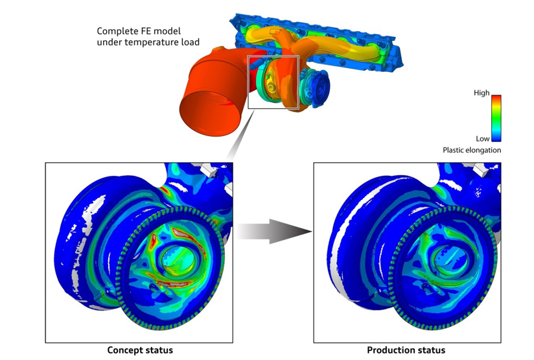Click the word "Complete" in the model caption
click(117, 31)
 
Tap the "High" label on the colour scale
click(482, 93)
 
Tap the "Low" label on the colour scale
click(483, 139)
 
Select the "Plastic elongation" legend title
click(472, 150)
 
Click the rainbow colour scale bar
click(496, 118)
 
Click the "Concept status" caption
click(140, 350)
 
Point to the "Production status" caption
click(406, 350)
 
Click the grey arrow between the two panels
click(275, 232)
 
